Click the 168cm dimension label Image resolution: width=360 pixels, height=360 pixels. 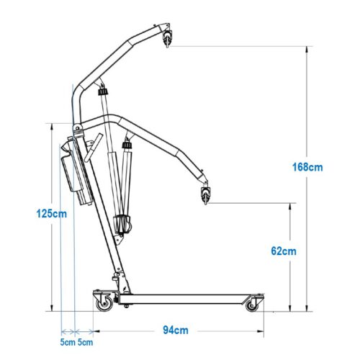pyautogui.click(x=307, y=167)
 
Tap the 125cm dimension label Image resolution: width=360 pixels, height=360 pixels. pyautogui.click(x=51, y=213)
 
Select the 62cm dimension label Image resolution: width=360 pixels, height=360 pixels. pyautogui.click(x=284, y=251)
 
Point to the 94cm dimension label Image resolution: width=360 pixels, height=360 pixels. pyautogui.click(x=176, y=330)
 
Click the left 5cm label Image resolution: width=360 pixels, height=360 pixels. pyautogui.click(x=68, y=342)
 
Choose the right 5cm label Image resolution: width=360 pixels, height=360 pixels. pyautogui.click(x=85, y=342)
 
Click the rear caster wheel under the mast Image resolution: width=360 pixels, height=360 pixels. pyautogui.click(x=104, y=303)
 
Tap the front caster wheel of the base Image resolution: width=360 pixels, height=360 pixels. pyautogui.click(x=251, y=305)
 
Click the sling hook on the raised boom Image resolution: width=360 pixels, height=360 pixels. pyautogui.click(x=167, y=38)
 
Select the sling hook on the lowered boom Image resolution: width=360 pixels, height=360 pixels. pyautogui.click(x=206, y=194)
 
